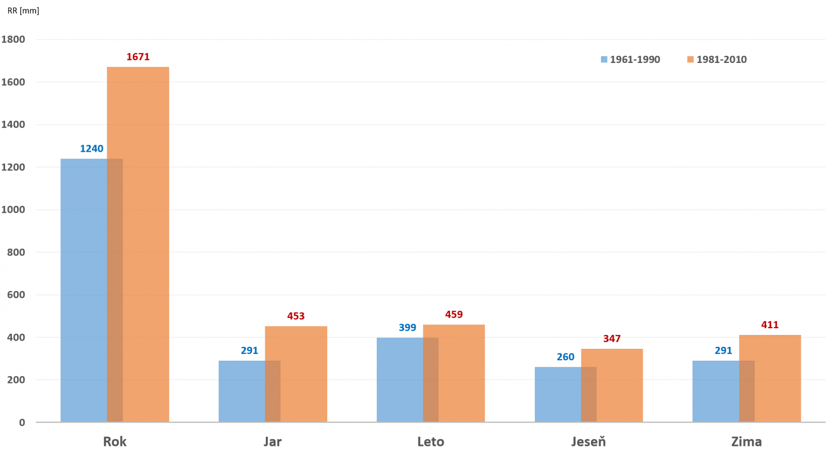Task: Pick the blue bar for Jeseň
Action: coord(558,394)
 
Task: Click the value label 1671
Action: coord(138,57)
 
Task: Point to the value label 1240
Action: coord(91,149)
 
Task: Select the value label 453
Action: coord(296,316)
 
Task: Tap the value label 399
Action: coord(407,328)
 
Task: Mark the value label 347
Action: coord(612,339)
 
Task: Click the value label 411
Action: coord(770,325)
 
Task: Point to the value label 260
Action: coord(565,357)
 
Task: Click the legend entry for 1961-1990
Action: coord(630,59)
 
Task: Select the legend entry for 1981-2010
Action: coord(717,59)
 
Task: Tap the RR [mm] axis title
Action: coord(23,10)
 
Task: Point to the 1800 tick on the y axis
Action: coord(13,39)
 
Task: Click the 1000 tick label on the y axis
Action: coord(13,210)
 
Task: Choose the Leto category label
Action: coord(431,442)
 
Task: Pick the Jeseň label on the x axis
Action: coord(589,442)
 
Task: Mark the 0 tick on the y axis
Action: coord(22,422)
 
